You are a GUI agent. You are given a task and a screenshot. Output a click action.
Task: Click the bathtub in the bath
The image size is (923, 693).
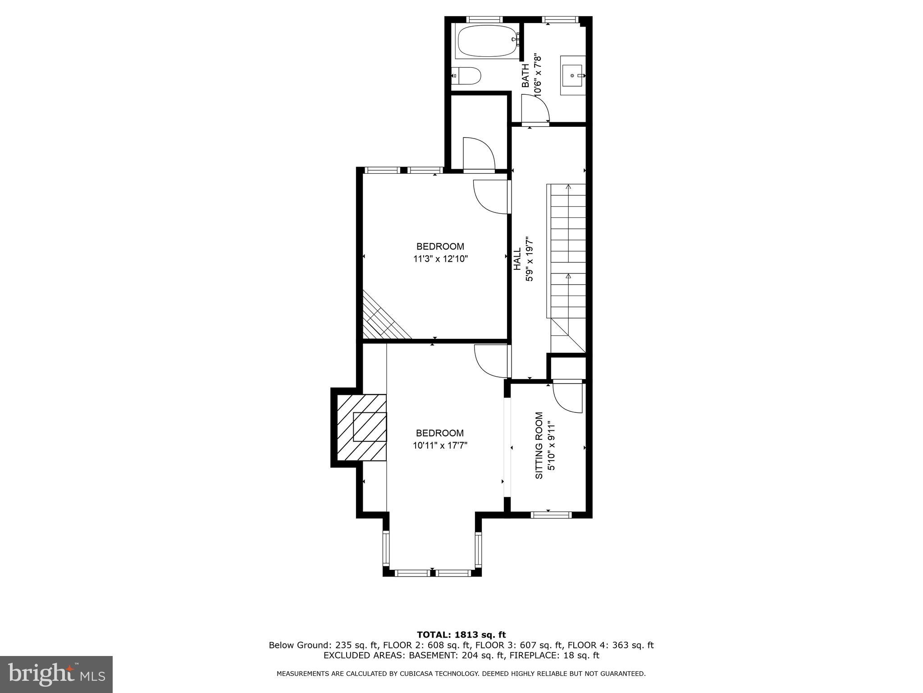[486, 41]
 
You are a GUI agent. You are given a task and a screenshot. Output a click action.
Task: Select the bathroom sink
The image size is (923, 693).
[572, 75]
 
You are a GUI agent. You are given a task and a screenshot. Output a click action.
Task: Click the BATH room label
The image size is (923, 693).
[525, 75]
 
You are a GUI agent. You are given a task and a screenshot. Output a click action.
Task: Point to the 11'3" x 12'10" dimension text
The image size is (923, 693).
[440, 259]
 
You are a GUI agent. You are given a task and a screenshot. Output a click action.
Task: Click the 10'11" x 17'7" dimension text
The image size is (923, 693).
[440, 445]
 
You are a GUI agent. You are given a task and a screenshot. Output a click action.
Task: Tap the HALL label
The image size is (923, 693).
[517, 259]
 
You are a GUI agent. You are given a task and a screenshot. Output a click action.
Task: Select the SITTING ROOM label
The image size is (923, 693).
[539, 446]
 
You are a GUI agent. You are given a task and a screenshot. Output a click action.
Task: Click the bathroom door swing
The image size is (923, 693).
[535, 109]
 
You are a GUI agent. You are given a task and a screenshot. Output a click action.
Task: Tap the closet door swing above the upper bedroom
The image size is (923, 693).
[479, 154]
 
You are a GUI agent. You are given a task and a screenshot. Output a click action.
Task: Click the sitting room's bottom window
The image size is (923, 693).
[551, 515]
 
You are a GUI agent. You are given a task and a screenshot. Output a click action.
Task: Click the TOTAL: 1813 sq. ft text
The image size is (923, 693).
[461, 635]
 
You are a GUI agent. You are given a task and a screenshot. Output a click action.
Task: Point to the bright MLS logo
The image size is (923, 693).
[56, 674]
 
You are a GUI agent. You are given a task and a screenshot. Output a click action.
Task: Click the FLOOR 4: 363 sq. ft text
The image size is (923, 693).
[610, 645]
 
